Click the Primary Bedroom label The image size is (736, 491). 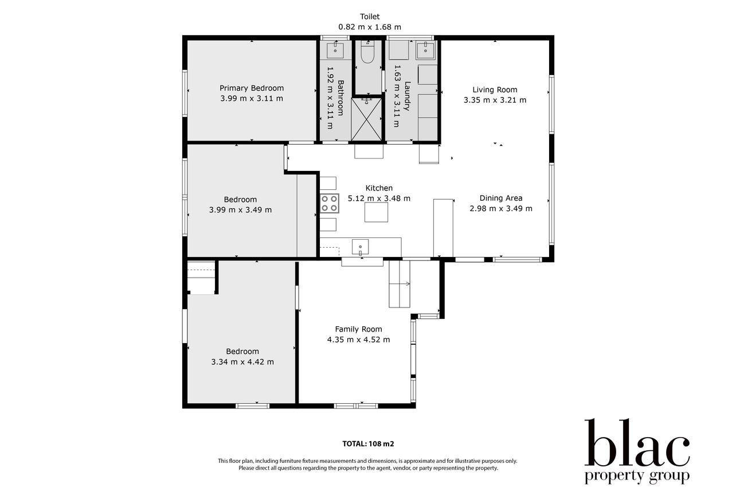tap(252, 88)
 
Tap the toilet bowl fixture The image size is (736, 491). tap(367, 53)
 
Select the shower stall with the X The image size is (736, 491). tap(366, 119)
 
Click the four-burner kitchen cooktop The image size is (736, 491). tap(329, 203)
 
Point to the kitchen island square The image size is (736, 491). tap(376, 212)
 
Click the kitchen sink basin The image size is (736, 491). tap(360, 247)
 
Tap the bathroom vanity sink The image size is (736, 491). tap(335, 50)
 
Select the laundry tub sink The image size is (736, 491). tap(425, 50)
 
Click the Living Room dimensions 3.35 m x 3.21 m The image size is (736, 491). tap(495, 100)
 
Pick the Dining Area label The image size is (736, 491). tap(501, 198)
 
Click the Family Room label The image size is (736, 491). tap(358, 329)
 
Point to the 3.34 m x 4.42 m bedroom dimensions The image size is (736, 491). tap(242, 362)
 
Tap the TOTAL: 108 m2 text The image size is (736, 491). tap(368, 443)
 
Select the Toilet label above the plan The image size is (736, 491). tap(370, 17)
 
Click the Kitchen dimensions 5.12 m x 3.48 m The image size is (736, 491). tap(379, 198)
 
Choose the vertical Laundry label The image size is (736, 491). tap(408, 96)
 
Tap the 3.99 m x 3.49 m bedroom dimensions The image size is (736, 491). tap(241, 210)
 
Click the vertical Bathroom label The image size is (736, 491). tap(340, 98)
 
